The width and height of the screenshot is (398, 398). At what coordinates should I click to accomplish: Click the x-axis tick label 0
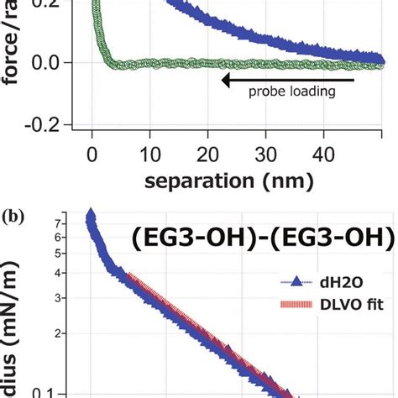[93, 155]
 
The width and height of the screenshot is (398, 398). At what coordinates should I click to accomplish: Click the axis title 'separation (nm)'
[228, 181]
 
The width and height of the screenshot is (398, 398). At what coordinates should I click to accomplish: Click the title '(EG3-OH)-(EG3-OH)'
[262, 238]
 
